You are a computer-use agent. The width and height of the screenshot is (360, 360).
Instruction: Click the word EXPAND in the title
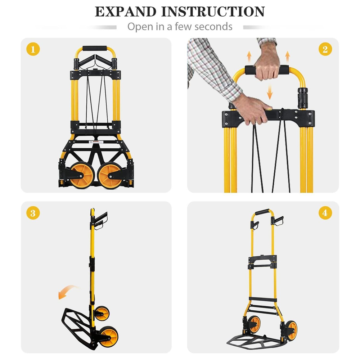(126, 12)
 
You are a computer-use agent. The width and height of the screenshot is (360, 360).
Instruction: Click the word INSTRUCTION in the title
(213, 12)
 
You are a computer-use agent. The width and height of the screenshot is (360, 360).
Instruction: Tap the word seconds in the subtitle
(213, 26)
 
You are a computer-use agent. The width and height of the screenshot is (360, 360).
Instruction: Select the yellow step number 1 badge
(33, 49)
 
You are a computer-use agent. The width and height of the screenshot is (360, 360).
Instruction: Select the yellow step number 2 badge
(325, 49)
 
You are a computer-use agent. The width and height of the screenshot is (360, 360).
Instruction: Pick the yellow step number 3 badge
(33, 213)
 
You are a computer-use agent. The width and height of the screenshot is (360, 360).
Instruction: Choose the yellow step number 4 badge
(325, 213)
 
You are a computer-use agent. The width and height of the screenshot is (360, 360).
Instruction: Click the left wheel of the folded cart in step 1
(82, 176)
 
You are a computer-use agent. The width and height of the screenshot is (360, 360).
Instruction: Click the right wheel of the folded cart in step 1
(109, 176)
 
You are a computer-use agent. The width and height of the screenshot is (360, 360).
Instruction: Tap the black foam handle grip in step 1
(95, 49)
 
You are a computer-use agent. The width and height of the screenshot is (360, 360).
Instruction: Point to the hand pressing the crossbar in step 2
(250, 109)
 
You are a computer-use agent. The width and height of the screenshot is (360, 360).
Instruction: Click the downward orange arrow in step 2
(270, 92)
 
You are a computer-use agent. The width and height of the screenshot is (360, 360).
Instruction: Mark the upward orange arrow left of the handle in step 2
(249, 57)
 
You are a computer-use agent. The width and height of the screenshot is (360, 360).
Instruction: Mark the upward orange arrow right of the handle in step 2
(287, 57)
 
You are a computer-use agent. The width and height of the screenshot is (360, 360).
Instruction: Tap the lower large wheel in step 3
(109, 337)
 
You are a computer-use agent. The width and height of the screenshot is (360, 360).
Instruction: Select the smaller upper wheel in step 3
(102, 314)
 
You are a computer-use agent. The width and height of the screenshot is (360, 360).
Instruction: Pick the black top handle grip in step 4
(262, 212)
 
